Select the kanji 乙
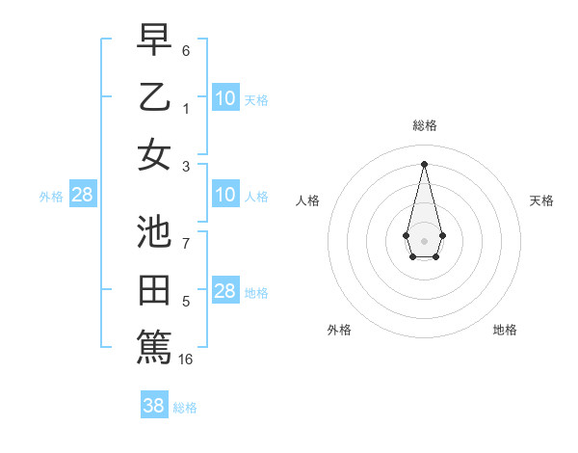click(155, 96)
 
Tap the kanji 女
click(155, 154)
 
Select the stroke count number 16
click(186, 360)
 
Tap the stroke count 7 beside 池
click(186, 244)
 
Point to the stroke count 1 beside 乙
click(186, 109)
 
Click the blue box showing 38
click(154, 406)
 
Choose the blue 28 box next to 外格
click(83, 195)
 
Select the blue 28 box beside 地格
click(225, 291)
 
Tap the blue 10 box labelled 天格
click(225, 98)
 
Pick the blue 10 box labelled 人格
click(225, 195)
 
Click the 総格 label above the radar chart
click(424, 125)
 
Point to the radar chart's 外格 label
click(339, 331)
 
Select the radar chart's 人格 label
click(308, 200)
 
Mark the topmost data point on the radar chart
click(424, 163)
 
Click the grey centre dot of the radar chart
click(424, 240)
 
